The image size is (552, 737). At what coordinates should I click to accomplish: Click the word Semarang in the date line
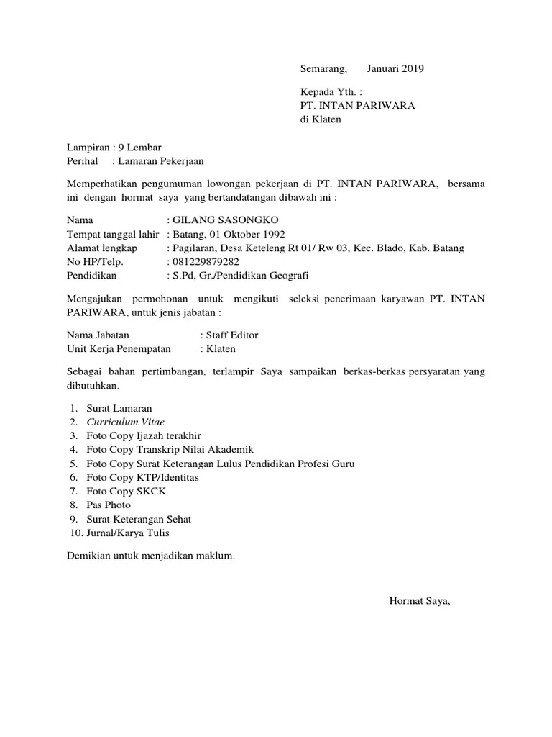pos(323,69)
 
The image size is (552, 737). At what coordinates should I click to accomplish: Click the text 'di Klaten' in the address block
pos(321,119)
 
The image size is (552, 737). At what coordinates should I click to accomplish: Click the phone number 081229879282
pos(205,261)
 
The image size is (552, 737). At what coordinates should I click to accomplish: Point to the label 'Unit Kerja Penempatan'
pos(119,348)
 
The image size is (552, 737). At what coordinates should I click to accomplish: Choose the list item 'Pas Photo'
pos(108,505)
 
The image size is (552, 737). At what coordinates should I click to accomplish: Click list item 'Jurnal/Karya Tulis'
pos(129,533)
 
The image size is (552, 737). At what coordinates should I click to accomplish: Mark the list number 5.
pos(73,464)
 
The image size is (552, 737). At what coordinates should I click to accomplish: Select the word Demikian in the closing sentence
pos(88,556)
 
